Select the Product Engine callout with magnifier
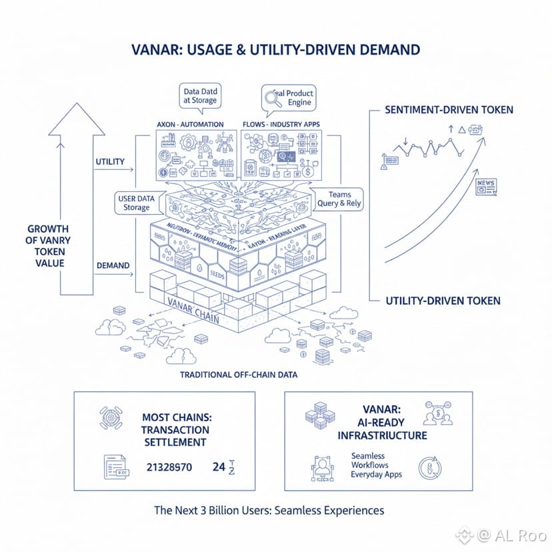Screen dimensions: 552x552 point(287,97)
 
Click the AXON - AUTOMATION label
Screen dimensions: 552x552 point(189,125)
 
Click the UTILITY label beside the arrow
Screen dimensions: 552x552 point(110,162)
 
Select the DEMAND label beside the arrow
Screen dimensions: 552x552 point(113,265)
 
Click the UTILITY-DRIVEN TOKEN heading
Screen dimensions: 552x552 point(443,301)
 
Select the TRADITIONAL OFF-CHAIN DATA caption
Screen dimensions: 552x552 point(238,375)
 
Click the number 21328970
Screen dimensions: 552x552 point(169,467)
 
